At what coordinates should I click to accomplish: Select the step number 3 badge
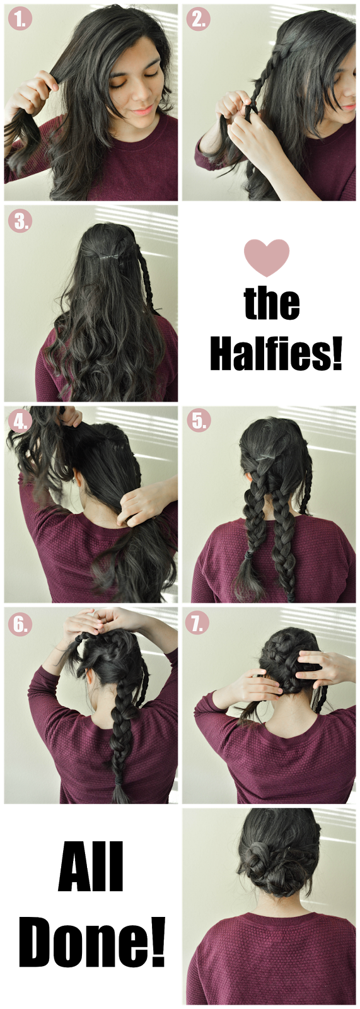[20, 221]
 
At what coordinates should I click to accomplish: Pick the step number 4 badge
[20, 422]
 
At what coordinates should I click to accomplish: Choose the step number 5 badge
[198, 421]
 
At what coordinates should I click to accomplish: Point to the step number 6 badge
[20, 624]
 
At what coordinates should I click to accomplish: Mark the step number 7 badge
[198, 624]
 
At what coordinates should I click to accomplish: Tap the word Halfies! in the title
[276, 354]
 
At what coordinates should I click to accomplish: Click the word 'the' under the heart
[272, 303]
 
